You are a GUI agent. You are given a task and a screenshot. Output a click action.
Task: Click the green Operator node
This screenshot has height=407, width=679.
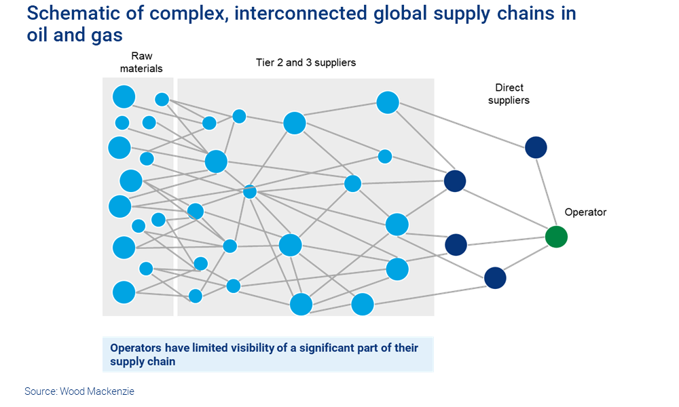[x=556, y=237]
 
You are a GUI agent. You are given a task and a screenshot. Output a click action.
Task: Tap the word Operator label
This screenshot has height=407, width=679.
[x=585, y=212]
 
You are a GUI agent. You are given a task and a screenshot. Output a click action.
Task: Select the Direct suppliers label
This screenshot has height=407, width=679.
[x=509, y=94]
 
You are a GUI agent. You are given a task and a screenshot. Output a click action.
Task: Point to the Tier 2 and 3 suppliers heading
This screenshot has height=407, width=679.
[x=306, y=62]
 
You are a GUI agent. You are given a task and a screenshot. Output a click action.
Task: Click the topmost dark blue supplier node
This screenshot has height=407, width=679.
[x=536, y=147]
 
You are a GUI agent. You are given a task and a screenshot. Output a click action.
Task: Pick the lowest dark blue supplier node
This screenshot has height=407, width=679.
[x=495, y=277]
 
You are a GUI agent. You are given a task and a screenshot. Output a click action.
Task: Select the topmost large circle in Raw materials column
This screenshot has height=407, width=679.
[x=124, y=96]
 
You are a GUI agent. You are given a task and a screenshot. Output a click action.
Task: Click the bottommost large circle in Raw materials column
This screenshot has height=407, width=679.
[x=124, y=292]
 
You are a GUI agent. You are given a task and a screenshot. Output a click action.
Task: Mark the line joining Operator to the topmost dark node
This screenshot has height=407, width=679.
[x=546, y=192]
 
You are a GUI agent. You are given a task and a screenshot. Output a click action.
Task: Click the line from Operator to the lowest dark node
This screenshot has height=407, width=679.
[x=526, y=257]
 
